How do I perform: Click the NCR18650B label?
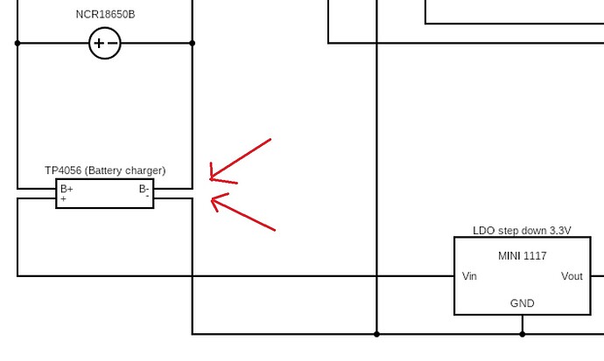click(x=105, y=14)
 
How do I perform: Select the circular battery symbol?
click(x=105, y=43)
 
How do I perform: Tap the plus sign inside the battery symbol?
click(x=98, y=43)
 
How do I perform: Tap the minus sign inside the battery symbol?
click(x=112, y=43)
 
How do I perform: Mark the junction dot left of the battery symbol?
click(x=18, y=43)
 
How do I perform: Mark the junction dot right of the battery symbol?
click(x=193, y=43)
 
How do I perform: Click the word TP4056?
click(x=63, y=170)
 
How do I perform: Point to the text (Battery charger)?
click(x=125, y=170)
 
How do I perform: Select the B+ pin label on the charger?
click(x=67, y=189)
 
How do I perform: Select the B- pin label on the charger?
click(x=144, y=189)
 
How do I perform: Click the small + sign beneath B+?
click(x=63, y=199)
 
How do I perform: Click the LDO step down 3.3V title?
click(x=522, y=231)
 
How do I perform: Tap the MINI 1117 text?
click(x=522, y=256)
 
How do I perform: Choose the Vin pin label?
click(x=470, y=276)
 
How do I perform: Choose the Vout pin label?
click(x=572, y=276)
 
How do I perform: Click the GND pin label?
click(x=522, y=303)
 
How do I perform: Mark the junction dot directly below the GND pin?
click(x=523, y=334)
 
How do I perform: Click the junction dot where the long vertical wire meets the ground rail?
click(x=377, y=334)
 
